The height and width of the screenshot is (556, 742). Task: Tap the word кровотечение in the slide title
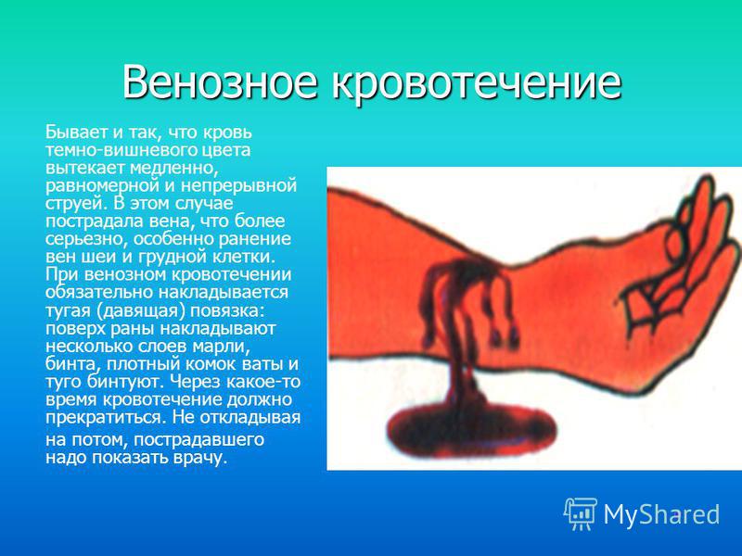[476, 82]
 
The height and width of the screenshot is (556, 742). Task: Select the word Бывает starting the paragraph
[77, 133]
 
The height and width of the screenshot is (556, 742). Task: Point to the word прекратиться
[107, 418]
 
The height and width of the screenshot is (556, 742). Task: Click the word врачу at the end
[201, 458]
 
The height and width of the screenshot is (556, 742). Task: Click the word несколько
[90, 346]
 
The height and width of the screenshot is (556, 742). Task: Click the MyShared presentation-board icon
[581, 513]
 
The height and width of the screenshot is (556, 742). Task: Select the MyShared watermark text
[661, 514]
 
